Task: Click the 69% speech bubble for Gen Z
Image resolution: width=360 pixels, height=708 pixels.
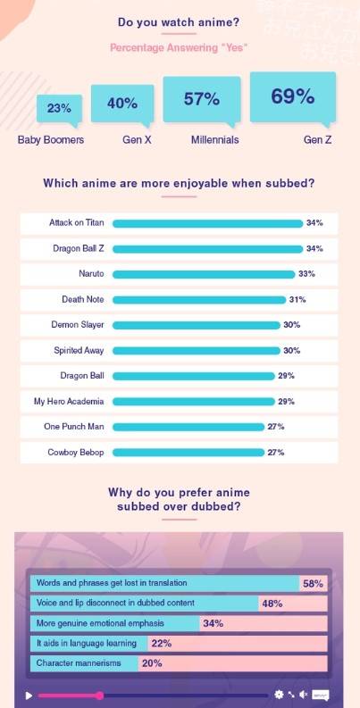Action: pyautogui.click(x=292, y=96)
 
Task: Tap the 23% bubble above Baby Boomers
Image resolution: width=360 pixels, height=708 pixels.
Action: pyautogui.click(x=59, y=108)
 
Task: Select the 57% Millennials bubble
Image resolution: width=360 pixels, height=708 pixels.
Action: pyautogui.click(x=202, y=99)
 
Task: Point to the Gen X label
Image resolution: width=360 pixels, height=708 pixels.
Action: pyautogui.click(x=138, y=140)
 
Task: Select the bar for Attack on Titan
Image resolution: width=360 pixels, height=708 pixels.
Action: pyautogui.click(x=207, y=223)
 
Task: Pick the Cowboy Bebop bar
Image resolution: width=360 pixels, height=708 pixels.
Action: pyautogui.click(x=188, y=453)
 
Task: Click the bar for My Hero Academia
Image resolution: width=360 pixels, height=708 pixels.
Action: pyautogui.click(x=193, y=402)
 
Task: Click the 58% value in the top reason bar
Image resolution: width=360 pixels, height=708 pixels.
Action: pyautogui.click(x=313, y=583)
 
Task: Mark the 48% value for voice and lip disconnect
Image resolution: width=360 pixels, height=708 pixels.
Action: pyautogui.click(x=272, y=604)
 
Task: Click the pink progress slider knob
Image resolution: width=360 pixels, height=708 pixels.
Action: pyautogui.click(x=99, y=695)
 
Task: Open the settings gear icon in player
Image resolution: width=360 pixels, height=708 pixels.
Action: pyautogui.click(x=279, y=695)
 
